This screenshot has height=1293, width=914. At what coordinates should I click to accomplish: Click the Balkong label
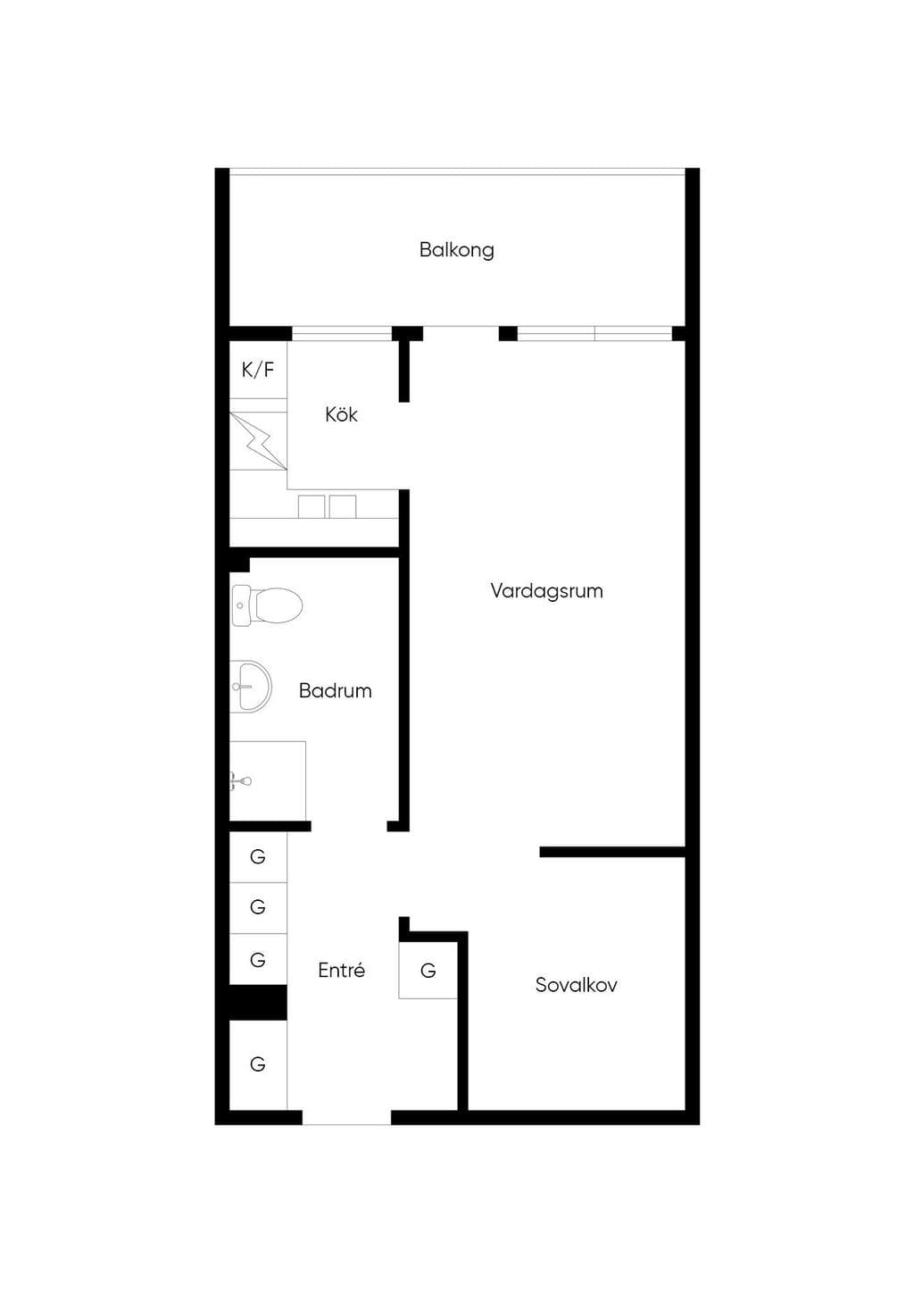pyautogui.click(x=456, y=251)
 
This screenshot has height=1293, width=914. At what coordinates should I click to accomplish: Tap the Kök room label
pyautogui.click(x=341, y=414)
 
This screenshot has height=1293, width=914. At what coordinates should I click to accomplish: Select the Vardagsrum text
pyautogui.click(x=546, y=591)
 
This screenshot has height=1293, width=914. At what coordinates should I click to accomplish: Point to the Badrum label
pyautogui.click(x=336, y=690)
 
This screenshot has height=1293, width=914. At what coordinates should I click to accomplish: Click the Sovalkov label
pyautogui.click(x=576, y=984)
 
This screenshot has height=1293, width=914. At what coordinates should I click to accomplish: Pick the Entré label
pyautogui.click(x=341, y=970)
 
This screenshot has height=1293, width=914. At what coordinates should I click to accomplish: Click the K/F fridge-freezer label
pyautogui.click(x=257, y=370)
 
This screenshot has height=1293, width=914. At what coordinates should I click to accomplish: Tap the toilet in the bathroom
pyautogui.click(x=267, y=605)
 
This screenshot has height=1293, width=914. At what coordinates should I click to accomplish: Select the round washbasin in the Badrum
pyautogui.click(x=251, y=687)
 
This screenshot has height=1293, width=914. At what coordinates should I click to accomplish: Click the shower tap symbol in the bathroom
pyautogui.click(x=241, y=782)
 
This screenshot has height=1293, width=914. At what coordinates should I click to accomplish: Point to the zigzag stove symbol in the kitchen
pyautogui.click(x=258, y=441)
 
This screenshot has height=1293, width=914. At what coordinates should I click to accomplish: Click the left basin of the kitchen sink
pyautogui.click(x=311, y=506)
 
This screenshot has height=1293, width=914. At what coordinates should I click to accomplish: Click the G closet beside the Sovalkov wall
pyautogui.click(x=428, y=971)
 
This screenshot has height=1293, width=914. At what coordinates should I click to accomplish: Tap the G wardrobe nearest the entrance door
pyautogui.click(x=258, y=1064)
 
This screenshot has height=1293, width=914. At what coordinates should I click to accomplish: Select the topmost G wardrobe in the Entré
pyautogui.click(x=258, y=856)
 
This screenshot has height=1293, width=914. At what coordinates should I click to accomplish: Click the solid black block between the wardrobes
pyautogui.click(x=258, y=1003)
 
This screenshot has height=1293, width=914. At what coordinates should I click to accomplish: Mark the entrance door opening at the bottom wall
pyautogui.click(x=347, y=1116)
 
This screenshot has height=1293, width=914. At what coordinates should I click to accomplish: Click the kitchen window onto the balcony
pyautogui.click(x=342, y=334)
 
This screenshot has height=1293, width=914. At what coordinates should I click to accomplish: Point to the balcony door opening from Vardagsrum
pyautogui.click(x=461, y=334)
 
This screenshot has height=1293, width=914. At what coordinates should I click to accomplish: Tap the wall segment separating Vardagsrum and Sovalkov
pyautogui.click(x=612, y=851)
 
